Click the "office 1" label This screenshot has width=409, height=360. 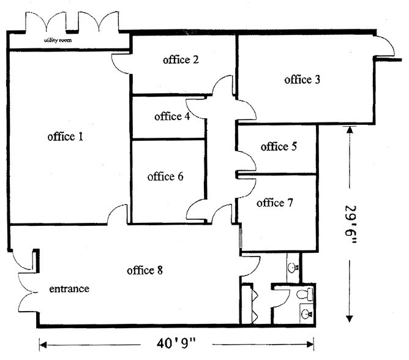[x=66, y=137]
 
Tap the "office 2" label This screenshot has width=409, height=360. [x=181, y=60]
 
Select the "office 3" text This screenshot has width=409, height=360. [x=302, y=80]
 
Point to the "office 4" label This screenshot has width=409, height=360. [x=172, y=116]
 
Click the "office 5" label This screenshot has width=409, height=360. [x=279, y=146]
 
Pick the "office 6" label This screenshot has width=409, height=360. [x=165, y=176]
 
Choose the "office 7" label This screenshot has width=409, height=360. [x=275, y=203]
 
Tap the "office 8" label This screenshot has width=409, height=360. [x=144, y=270]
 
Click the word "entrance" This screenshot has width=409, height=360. [x=69, y=289]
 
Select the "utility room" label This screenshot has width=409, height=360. [x=58, y=40]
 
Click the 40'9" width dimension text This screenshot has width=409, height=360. [x=176, y=343]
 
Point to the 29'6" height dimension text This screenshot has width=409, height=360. [x=350, y=225]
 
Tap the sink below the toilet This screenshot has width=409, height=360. [x=306, y=313]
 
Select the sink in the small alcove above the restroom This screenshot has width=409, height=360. [x=293, y=267]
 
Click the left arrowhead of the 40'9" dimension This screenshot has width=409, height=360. [x=43, y=345]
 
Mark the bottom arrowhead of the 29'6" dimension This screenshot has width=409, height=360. [x=349, y=318]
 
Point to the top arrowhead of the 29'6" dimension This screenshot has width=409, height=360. [x=349, y=130]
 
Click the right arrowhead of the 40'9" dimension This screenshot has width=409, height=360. [x=310, y=345]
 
